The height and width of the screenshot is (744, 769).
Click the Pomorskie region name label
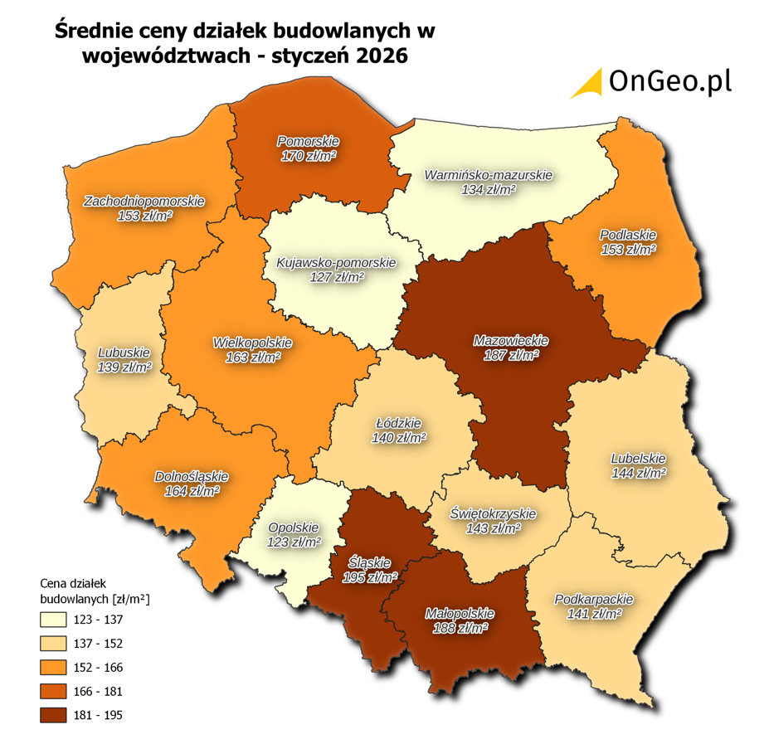coord(308,141)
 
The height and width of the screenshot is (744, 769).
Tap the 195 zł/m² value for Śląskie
coord(370,577)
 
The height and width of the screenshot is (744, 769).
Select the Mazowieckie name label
coord(511,340)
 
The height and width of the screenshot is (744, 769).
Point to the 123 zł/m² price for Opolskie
coord(294,542)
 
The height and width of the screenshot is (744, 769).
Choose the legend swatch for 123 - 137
coord(54,619)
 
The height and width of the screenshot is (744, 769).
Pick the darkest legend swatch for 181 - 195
coord(54,715)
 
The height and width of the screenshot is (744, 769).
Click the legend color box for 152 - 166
coord(54,667)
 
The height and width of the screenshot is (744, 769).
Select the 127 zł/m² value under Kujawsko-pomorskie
coord(337,278)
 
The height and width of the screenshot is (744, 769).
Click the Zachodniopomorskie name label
coord(144,201)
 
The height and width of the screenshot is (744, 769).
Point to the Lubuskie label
coord(124,350)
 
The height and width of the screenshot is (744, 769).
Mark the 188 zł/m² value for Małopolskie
coord(460,629)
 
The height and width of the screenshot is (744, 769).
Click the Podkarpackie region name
coord(593,599)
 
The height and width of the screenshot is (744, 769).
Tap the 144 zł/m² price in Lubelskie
coord(639,473)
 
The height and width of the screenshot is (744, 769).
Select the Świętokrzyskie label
coord(494,513)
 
